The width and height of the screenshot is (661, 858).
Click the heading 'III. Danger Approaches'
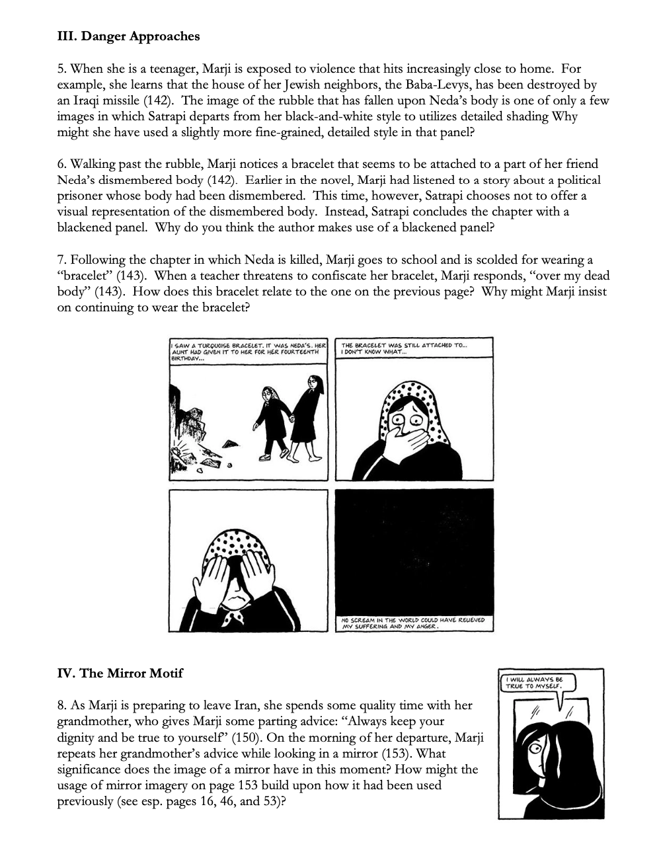point(128,36)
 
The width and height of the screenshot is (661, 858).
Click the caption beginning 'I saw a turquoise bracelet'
point(249,348)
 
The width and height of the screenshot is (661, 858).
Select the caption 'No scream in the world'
point(414,623)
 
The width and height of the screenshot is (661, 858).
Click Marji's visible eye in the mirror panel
point(535,748)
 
